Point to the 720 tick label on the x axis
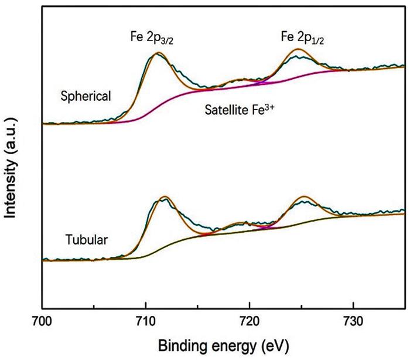(250, 322)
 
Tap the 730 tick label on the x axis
(353, 322)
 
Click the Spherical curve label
(86, 96)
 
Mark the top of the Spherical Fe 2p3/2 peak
(158, 54)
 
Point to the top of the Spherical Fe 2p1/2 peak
(299, 49)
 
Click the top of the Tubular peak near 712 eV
(166, 196)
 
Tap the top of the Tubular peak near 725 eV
(304, 196)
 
